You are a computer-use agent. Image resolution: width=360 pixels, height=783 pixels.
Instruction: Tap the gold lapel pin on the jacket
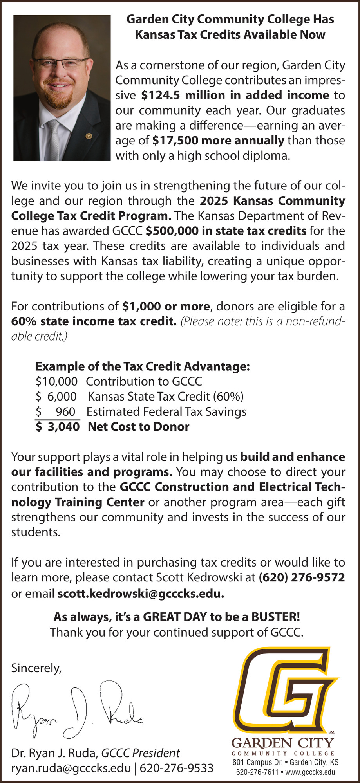point(89,136)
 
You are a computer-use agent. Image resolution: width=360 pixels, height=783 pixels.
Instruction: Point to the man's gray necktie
point(54,137)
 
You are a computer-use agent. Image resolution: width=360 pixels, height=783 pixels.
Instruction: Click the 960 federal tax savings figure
point(65,412)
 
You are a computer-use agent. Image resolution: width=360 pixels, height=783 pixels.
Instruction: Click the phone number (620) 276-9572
point(302,577)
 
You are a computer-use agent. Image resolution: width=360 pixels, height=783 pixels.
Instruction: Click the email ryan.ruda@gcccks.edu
point(71,768)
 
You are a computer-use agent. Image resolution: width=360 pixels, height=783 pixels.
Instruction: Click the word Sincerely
point(36,668)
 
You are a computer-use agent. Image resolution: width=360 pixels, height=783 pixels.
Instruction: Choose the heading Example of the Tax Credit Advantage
point(143,366)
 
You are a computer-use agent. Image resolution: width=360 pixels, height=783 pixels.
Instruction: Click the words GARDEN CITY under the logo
point(283,742)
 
